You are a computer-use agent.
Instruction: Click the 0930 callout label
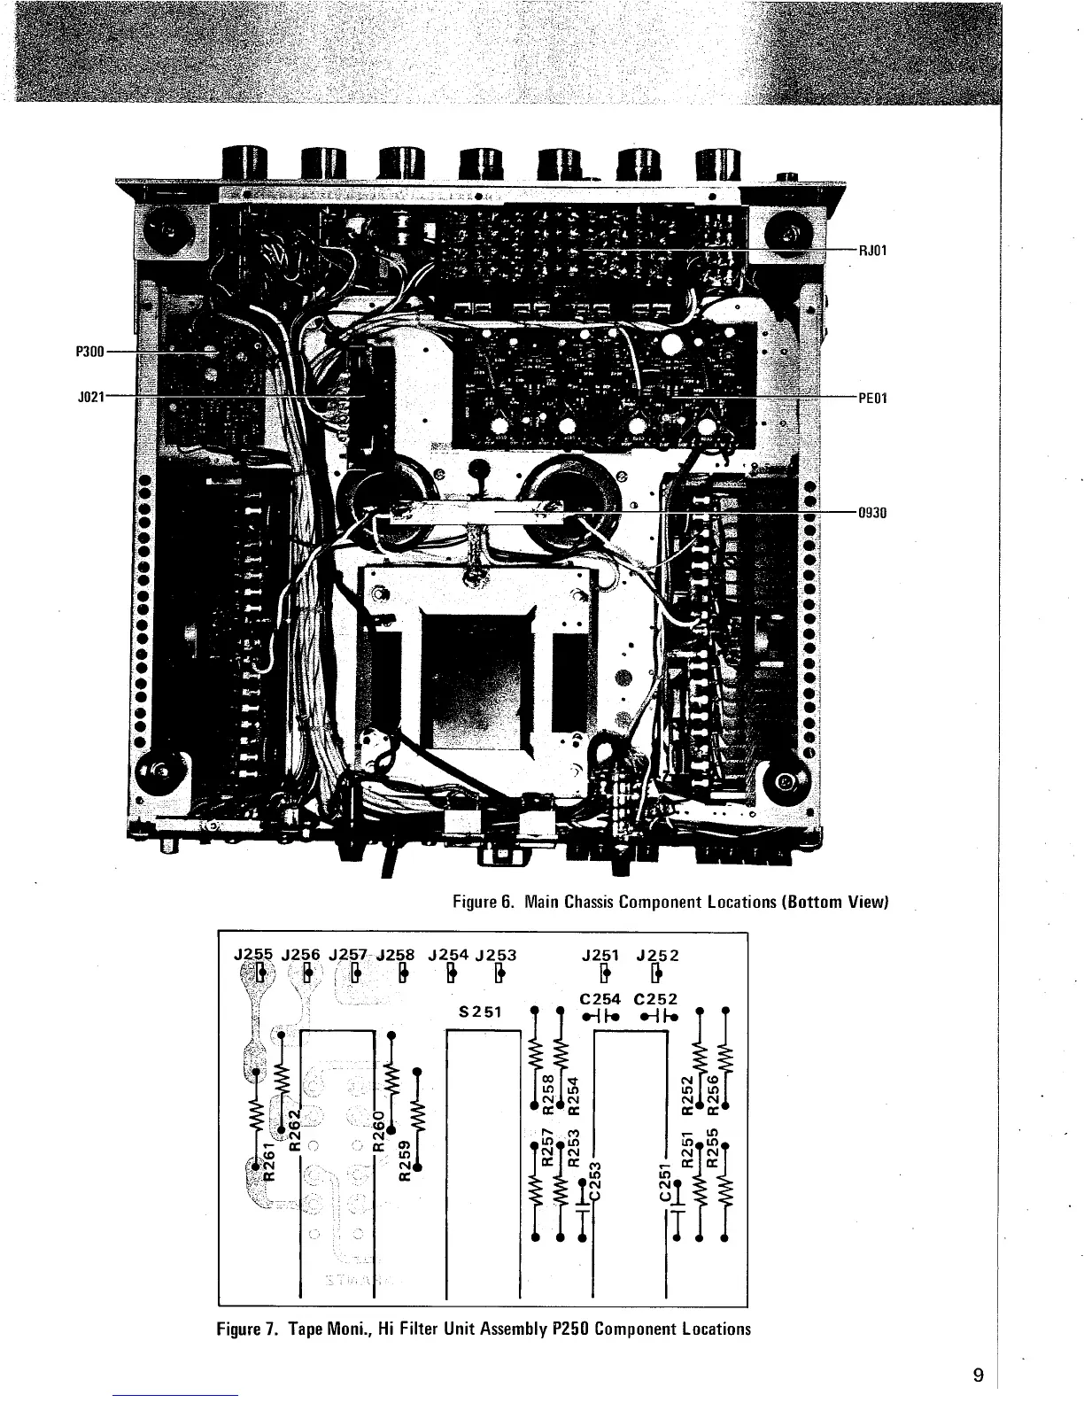tap(872, 512)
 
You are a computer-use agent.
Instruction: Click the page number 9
tap(978, 1375)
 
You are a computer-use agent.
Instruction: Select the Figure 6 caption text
tap(670, 903)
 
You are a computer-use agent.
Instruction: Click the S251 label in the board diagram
tap(482, 1013)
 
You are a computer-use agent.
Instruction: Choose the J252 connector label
tap(656, 955)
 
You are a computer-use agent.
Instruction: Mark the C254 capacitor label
tap(600, 998)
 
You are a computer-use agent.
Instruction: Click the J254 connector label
tap(448, 955)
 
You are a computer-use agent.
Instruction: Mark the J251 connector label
tap(601, 955)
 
